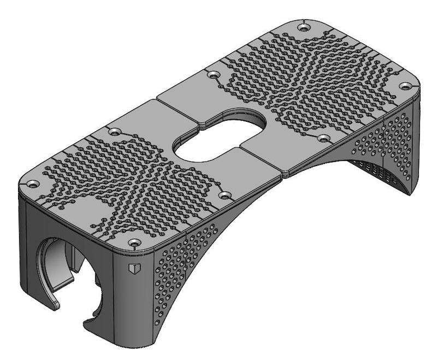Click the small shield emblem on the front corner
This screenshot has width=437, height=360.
click(133, 268)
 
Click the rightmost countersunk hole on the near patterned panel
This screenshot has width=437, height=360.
click(223, 194)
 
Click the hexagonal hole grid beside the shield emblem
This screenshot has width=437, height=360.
click(180, 268)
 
